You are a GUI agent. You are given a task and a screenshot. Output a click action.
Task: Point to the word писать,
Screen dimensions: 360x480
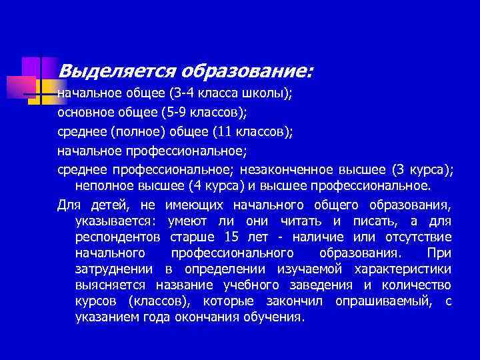[390, 221]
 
